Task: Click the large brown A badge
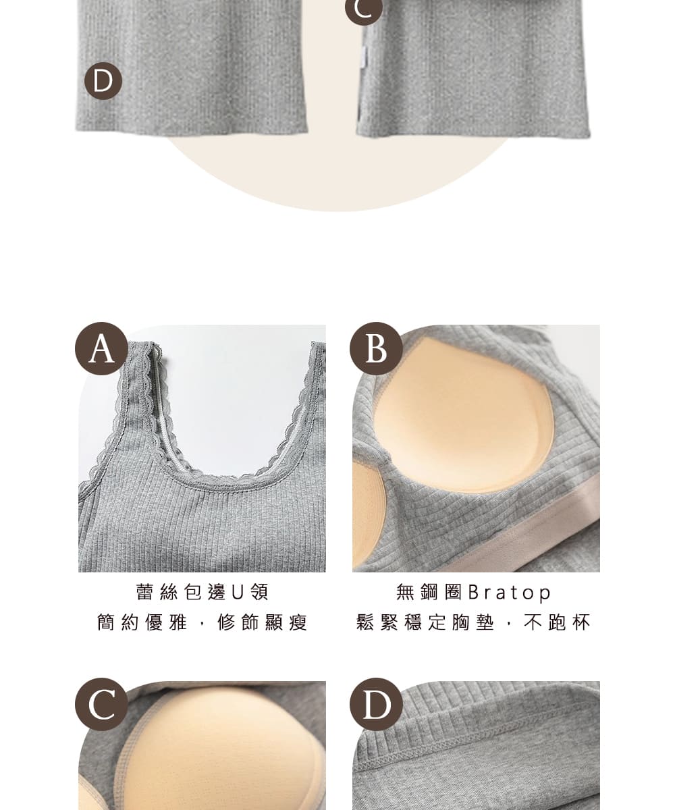click(101, 348)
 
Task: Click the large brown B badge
click(376, 348)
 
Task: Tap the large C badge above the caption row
click(101, 705)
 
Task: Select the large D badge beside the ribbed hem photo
click(376, 705)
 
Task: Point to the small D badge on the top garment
click(103, 81)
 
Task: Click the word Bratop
click(510, 592)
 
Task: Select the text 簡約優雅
click(142, 622)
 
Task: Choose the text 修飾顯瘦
click(263, 622)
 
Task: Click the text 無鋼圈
click(429, 592)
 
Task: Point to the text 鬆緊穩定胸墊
click(425, 622)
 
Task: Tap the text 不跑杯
click(557, 622)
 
